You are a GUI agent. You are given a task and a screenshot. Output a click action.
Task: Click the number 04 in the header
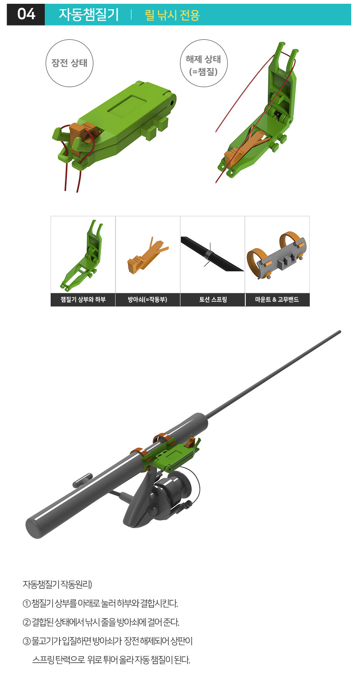26,14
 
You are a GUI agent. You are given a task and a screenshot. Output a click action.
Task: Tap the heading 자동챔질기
89,15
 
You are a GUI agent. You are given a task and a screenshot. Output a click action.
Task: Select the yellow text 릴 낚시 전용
172,15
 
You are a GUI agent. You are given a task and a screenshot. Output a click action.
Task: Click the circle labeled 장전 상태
69,63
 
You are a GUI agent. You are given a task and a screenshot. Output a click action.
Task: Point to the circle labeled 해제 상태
203,63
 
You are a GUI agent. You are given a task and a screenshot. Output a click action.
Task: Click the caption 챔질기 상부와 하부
83,299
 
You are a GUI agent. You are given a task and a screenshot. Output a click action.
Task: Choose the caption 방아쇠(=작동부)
147,299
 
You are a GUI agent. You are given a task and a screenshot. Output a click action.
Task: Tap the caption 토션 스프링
213,299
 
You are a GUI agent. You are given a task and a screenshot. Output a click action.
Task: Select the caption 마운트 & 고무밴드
277,299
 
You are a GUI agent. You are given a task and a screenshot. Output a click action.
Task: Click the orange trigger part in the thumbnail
147,255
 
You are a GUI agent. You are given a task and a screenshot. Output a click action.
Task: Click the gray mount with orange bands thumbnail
277,255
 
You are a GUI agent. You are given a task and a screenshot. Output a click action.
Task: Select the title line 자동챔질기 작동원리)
57,585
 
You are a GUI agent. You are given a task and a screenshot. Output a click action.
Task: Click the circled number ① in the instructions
26,603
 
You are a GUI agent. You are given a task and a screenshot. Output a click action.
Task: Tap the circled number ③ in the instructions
26,641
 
